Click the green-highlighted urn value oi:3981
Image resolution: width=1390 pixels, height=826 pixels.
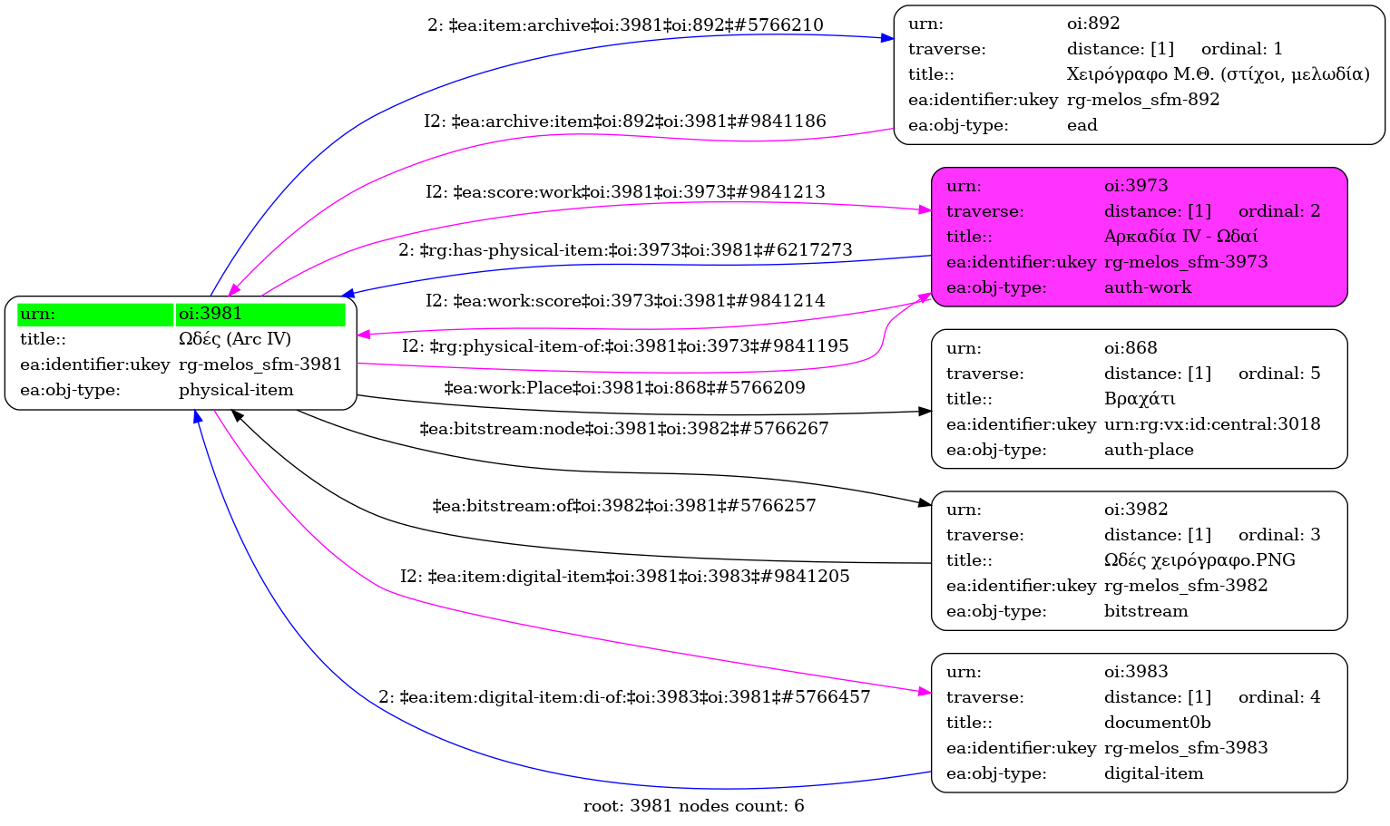point(210,314)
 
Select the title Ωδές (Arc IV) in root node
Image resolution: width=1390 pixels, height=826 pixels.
point(235,339)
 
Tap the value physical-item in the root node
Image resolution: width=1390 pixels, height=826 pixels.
point(236,390)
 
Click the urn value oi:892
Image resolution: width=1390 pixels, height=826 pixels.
point(1093,24)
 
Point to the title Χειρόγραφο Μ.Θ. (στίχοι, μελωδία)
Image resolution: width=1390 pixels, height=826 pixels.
point(1218,74)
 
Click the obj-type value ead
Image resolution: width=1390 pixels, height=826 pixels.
point(1082,125)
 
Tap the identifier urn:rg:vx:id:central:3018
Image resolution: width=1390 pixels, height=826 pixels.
point(1212,424)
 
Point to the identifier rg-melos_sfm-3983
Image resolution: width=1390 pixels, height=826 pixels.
point(1186,748)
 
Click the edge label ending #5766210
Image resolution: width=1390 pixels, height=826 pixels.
point(625,25)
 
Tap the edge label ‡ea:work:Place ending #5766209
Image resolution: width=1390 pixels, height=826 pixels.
point(624,388)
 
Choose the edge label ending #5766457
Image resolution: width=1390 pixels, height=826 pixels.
point(624,697)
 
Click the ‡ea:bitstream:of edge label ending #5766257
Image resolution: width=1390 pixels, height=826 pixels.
point(624,506)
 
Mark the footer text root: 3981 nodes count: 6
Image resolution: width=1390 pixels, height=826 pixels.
point(693,806)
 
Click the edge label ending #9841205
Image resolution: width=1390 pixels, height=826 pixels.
point(624,577)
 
